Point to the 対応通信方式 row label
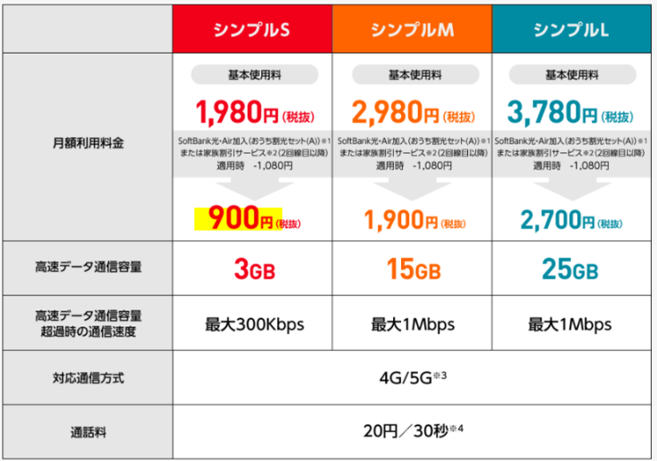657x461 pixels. click(x=87, y=378)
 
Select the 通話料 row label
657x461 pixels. click(x=87, y=432)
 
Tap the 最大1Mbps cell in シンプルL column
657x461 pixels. click(x=570, y=324)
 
